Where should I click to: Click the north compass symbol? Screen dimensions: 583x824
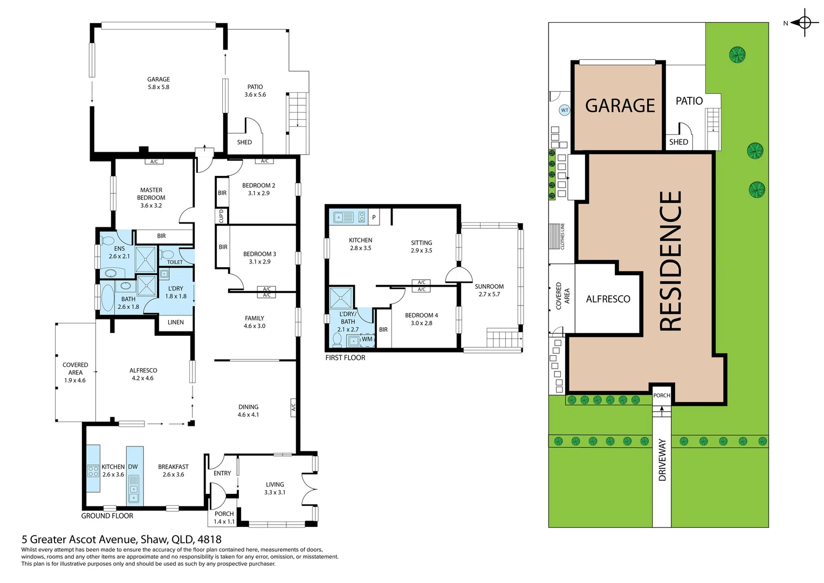[x=804, y=23]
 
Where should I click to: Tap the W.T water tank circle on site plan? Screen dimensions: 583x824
[x=564, y=110]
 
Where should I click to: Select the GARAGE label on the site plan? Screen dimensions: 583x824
[x=620, y=106]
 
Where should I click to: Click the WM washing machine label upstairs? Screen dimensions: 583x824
[x=367, y=340]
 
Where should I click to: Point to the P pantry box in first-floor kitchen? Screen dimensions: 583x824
[x=374, y=218]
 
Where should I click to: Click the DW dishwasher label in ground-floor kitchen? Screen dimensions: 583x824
[x=133, y=467]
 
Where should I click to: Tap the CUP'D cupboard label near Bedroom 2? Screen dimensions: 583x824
[x=221, y=216]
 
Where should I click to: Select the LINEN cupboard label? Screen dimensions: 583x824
[x=175, y=322]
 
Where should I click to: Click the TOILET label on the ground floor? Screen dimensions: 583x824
[x=175, y=262]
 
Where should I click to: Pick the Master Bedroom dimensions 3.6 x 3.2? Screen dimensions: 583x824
[x=151, y=206]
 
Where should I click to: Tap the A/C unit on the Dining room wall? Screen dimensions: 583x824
[x=293, y=407]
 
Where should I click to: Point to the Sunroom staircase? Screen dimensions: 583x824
[x=504, y=340]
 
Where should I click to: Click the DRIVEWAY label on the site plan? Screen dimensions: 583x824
[x=662, y=459]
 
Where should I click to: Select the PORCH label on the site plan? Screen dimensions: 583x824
[x=662, y=396]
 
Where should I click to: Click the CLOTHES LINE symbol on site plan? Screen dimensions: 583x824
[x=555, y=236]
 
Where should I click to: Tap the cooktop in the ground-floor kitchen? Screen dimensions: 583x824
[x=93, y=471]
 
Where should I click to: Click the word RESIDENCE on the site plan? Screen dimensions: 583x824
[x=670, y=261]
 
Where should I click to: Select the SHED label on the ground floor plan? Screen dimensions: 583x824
[x=244, y=143]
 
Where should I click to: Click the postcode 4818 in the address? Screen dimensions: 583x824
[x=209, y=539]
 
